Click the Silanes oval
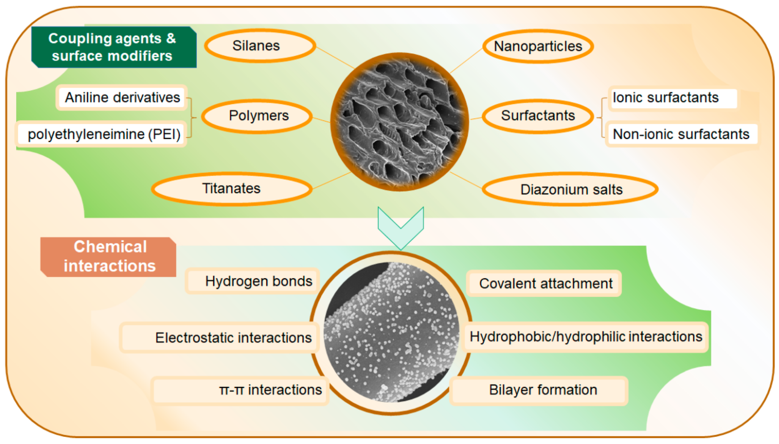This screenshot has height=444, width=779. [x=260, y=46]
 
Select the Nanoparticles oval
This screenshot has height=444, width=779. [x=537, y=46]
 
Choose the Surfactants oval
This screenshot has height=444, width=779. [x=537, y=116]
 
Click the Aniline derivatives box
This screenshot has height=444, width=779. [x=122, y=97]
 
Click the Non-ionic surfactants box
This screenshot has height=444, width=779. [x=681, y=134]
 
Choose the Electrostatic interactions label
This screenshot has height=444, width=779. [x=220, y=337]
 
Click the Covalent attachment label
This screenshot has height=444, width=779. [x=544, y=283]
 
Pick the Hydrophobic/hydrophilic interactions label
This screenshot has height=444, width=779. [x=585, y=337]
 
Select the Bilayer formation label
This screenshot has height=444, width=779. [x=539, y=390]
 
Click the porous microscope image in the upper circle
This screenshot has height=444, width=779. [x=399, y=122]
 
